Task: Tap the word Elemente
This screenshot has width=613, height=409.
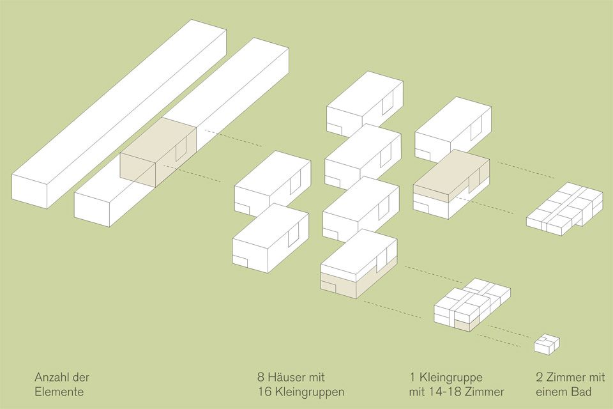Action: point(59,392)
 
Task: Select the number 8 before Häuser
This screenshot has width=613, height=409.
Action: point(261,378)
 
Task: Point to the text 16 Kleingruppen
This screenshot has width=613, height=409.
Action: point(301,392)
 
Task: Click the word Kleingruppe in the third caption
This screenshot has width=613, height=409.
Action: point(451,378)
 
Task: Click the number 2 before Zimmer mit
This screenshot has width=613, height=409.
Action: point(540,378)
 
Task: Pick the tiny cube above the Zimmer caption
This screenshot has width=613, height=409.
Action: point(547,344)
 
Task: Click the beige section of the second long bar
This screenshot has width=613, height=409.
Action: point(158,153)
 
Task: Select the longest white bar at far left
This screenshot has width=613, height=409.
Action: point(119,114)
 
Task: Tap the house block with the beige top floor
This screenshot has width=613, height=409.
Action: point(451,184)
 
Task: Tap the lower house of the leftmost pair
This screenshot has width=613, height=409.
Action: point(271,238)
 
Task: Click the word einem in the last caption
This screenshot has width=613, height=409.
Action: point(551,392)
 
